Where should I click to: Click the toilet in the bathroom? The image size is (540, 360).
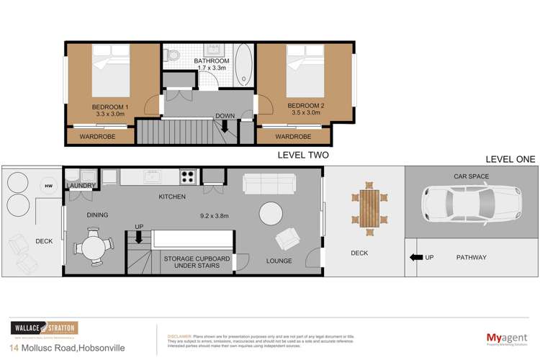[174, 55]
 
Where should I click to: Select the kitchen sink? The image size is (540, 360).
[152, 176]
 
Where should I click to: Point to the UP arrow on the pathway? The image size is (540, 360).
[415, 258]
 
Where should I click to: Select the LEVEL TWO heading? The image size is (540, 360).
[303, 155]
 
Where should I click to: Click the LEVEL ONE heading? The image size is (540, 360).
[509, 159]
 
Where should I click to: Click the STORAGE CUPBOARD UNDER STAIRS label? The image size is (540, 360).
[192, 261]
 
